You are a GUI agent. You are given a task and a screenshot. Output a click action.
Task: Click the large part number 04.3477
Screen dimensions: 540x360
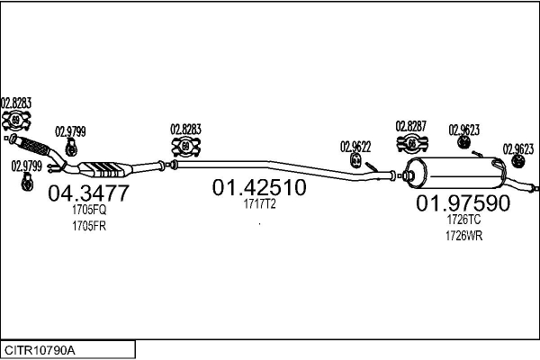pyautogui.click(x=87, y=193)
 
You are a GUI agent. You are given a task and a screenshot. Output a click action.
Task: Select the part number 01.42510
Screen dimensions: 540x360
pyautogui.click(x=259, y=188)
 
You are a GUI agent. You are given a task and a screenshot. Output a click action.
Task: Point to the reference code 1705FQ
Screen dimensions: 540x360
pyautogui.click(x=89, y=210)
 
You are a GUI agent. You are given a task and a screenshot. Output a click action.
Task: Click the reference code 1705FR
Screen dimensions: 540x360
pyautogui.click(x=89, y=225)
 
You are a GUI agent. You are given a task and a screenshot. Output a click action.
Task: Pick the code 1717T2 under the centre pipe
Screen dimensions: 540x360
pyautogui.click(x=259, y=204)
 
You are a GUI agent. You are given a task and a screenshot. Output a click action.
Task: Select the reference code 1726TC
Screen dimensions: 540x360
pyautogui.click(x=463, y=220)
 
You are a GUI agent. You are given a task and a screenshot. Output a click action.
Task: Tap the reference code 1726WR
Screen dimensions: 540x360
pyautogui.click(x=463, y=235)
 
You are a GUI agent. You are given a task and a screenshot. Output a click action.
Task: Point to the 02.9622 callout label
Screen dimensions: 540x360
pyautogui.click(x=355, y=145)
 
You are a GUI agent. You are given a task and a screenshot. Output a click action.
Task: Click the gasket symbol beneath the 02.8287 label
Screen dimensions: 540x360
pyautogui.click(x=412, y=144)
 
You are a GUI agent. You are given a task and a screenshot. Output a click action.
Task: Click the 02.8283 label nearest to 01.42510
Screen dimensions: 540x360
pyautogui.click(x=186, y=129)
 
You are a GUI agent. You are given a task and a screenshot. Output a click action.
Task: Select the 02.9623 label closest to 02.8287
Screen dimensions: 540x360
pyautogui.click(x=463, y=129)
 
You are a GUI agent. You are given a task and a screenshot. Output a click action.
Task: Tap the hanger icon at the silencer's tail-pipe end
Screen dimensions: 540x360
pyautogui.click(x=518, y=161)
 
